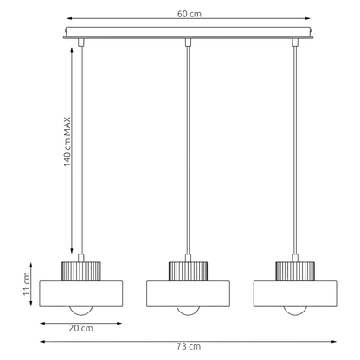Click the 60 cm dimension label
tap(190, 14)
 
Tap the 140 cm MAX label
tap(67, 142)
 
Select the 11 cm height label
tap(27, 284)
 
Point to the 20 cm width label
tap(80, 328)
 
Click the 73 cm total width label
tap(189, 346)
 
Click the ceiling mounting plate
tap(188, 33)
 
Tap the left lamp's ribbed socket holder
tap(81, 271)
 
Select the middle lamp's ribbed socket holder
tap(188, 271)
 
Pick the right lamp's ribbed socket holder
tap(295, 271)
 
